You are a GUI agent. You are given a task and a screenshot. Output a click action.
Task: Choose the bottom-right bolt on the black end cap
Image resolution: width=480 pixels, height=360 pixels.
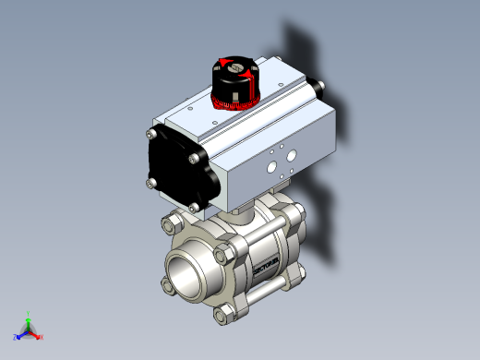coord(193,205)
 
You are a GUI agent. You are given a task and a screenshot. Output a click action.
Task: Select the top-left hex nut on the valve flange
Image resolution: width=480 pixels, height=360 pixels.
coord(171,223)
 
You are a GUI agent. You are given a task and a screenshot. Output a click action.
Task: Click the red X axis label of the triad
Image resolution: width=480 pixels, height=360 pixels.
coord(42,337)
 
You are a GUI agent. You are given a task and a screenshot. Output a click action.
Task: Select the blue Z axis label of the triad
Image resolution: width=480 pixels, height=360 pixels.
coord(16,338)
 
